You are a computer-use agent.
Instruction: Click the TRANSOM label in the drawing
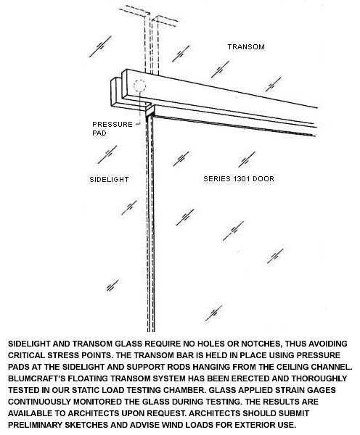246,47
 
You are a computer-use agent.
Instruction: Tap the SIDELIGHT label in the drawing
109,180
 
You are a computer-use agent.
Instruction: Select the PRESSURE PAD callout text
112,128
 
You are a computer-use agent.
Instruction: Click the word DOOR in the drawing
263,178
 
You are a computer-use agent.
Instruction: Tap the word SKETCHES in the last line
86,425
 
